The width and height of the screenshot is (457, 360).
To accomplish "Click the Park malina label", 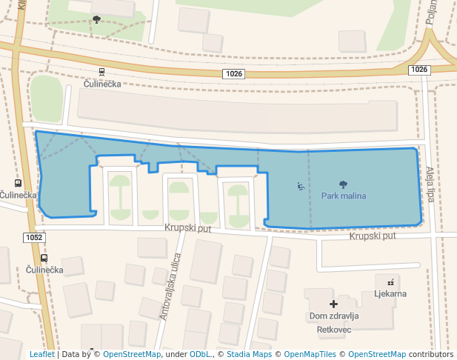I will (344, 196).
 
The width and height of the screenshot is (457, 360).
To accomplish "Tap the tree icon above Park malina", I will (343, 184).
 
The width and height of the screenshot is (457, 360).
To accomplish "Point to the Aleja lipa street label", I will (430, 184).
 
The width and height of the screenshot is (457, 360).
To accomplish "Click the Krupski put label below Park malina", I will (373, 236).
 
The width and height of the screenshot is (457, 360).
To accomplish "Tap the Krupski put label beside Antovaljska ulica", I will (188, 229).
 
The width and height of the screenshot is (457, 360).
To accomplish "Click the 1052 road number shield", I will (34, 238).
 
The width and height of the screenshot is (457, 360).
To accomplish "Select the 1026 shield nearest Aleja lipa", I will (419, 70).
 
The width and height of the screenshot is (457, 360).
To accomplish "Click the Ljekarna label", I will (390, 294).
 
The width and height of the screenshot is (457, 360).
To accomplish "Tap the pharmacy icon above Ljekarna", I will (390, 282).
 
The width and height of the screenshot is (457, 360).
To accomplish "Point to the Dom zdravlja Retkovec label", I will (333, 321).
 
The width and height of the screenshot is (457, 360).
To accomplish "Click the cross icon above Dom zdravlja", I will (333, 304).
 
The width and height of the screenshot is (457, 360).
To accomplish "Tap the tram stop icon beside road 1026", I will (101, 72).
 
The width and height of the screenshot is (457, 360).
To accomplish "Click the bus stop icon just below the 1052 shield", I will (44, 259).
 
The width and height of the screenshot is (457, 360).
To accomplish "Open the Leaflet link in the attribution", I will (41, 354).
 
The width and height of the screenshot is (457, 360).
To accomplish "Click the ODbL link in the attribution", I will (199, 354).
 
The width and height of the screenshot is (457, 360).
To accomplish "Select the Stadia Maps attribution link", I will (249, 354).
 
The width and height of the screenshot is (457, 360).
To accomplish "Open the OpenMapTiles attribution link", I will (311, 354).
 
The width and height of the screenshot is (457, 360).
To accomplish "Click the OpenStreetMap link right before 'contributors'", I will (376, 354).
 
